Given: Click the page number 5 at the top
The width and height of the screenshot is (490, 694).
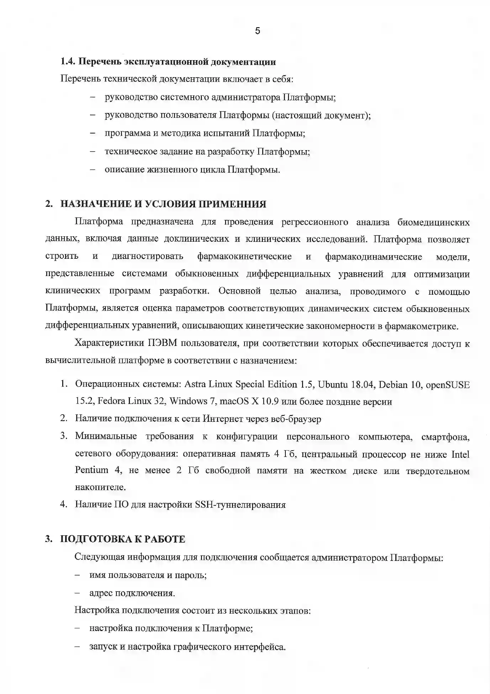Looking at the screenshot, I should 258,31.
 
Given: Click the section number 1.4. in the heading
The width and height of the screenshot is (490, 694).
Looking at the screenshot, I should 68,62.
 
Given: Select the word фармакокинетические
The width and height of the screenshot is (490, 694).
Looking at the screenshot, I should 244,257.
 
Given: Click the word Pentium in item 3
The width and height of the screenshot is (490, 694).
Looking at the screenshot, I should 91,470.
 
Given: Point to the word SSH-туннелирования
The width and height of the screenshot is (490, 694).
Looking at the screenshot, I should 240,505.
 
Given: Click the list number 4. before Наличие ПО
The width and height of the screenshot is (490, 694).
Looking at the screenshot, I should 64,504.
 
